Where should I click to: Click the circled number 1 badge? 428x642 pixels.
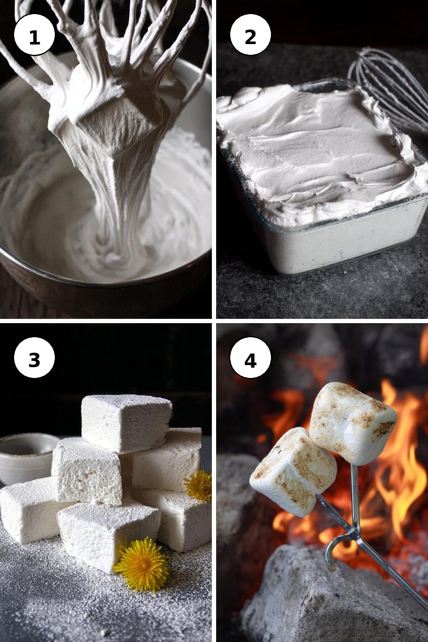point(34,35)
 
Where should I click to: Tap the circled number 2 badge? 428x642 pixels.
point(250,35)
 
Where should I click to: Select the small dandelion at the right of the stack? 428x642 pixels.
point(198,486)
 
